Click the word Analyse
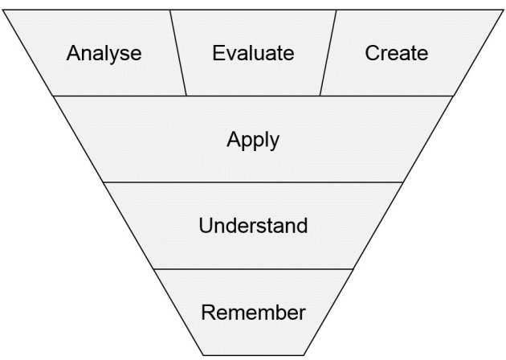pos(104,54)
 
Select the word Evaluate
pos(253,54)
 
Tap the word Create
pos(397,54)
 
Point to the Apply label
pos(253,140)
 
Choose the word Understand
pos(253,225)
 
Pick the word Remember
pos(253,312)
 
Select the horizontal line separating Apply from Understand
pos(253,182)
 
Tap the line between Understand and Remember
pos(253,268)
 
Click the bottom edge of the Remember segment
pos(253,354)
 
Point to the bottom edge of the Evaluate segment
pos(253,96)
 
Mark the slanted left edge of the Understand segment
pos(129,225)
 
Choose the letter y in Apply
pos(274,142)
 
